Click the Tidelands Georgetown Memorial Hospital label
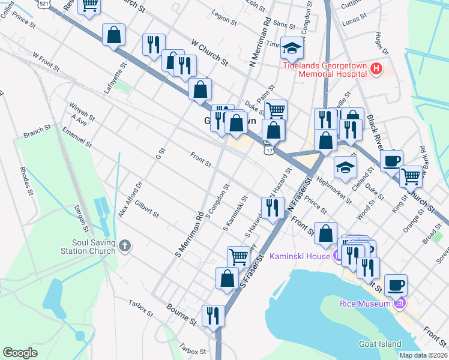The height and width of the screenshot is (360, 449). tap(325, 70)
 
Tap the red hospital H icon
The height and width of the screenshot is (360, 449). tap(376, 69)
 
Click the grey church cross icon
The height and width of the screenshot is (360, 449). tap(125, 245)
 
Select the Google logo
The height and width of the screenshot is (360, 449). tap(20, 353)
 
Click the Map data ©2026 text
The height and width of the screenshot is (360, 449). tap(423, 355)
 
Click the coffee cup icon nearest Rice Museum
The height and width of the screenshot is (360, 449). tap(396, 284)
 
